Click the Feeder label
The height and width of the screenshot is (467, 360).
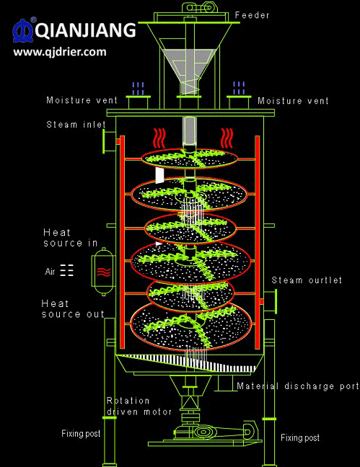pyautogui.click(x=252, y=15)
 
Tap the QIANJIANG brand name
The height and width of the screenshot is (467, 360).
pyautogui.click(x=86, y=30)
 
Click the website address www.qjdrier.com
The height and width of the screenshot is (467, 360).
pyautogui.click(x=60, y=52)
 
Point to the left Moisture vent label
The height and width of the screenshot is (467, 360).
pyautogui.click(x=82, y=100)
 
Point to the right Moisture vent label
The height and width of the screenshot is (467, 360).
pyautogui.click(x=293, y=101)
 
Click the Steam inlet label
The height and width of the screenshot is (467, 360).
pyautogui.click(x=76, y=124)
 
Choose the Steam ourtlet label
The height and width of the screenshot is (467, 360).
pyautogui.click(x=307, y=280)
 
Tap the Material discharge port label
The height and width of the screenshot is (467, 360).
pyautogui.click(x=298, y=386)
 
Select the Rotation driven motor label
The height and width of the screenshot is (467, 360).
pyautogui.click(x=139, y=406)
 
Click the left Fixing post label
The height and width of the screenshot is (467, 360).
pyautogui.click(x=81, y=433)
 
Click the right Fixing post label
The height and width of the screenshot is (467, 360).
pyautogui.click(x=300, y=437)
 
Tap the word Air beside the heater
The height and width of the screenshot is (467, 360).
pyautogui.click(x=50, y=272)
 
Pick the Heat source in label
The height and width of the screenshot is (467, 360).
pyautogui.click(x=71, y=238)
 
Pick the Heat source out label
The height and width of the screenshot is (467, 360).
pyautogui.click(x=73, y=309)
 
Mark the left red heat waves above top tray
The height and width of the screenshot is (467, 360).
pyautogui.click(x=159, y=138)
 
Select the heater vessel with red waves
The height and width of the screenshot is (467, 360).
pyautogui.click(x=103, y=271)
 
